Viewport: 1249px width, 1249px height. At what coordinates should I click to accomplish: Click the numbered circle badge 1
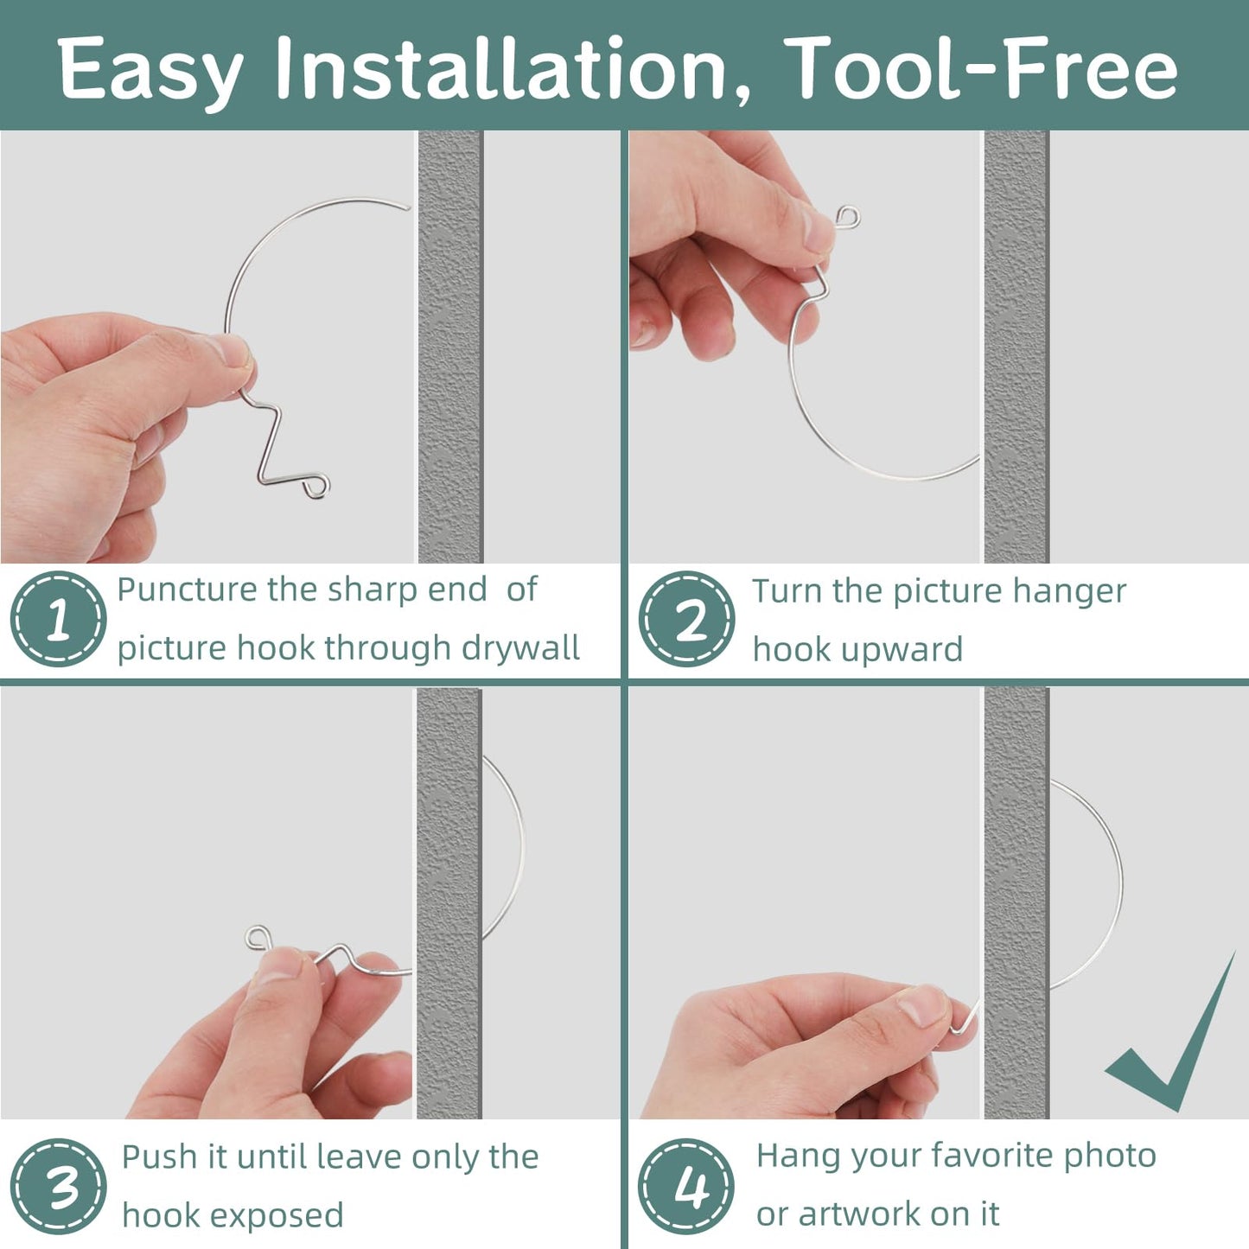coord(58,619)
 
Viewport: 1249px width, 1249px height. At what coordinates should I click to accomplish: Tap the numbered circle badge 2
coord(686,619)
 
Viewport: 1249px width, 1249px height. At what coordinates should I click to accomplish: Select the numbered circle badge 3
coord(58,1186)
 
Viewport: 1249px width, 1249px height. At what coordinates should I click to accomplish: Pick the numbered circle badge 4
coord(686,1186)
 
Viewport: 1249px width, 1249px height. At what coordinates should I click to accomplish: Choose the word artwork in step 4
coord(857,1214)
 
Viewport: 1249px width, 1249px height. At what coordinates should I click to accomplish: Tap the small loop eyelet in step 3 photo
coord(257,937)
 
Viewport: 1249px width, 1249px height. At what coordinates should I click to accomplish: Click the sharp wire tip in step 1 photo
coord(406,207)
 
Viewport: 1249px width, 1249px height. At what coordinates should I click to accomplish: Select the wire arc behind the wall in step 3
coord(517,847)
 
